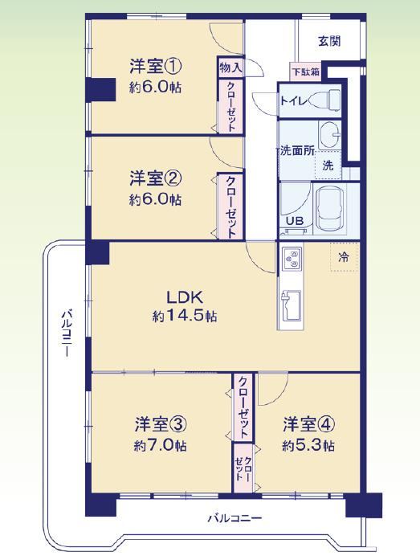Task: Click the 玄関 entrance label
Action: pos(329,42)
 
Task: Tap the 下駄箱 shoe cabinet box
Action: pos(306,72)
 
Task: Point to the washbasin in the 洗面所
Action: pos(330,135)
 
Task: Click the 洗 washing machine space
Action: pos(328,165)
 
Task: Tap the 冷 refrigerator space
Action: pos(344,256)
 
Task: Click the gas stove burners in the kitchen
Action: pos(292,259)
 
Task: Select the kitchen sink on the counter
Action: pos(292,305)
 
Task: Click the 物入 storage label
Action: pos(230,67)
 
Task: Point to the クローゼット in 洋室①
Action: pos(230,107)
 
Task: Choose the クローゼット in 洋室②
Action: pos(230,206)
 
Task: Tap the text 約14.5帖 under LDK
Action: pos(185,316)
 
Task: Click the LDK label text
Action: pos(185,297)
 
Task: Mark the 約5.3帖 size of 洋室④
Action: pos(308,446)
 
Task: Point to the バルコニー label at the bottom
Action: pos(234,518)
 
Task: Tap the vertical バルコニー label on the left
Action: pos(67,333)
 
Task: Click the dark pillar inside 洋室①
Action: pos(101,89)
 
